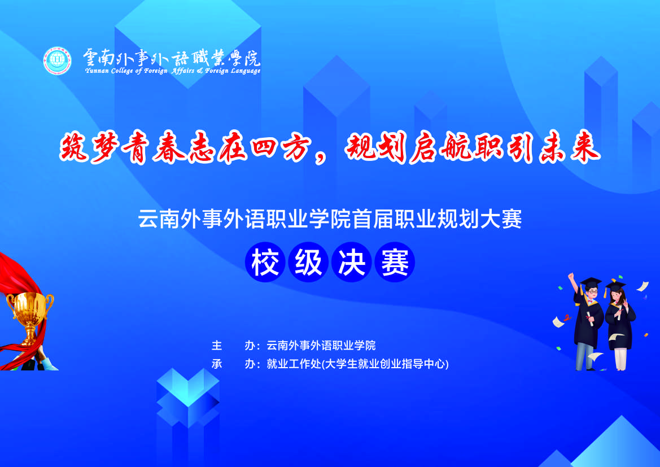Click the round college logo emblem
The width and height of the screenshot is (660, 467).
click(x=57, y=60)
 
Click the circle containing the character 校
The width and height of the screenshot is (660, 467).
click(x=265, y=263)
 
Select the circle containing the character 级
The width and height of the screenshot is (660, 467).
click(x=308, y=263)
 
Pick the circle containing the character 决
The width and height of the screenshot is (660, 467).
click(x=352, y=263)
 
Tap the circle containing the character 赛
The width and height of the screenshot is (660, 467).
click(x=395, y=263)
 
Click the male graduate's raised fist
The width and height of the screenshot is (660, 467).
click(x=571, y=276)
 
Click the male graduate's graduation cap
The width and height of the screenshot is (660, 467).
click(x=591, y=282)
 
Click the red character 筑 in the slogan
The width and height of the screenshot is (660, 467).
click(x=74, y=147)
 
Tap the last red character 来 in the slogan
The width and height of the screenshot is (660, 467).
click(x=585, y=147)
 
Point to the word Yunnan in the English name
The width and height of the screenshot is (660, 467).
click(x=97, y=71)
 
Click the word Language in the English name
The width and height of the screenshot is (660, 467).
click(x=246, y=71)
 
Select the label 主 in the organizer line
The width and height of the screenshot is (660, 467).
click(x=217, y=346)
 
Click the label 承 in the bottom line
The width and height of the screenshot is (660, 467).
click(x=217, y=364)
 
